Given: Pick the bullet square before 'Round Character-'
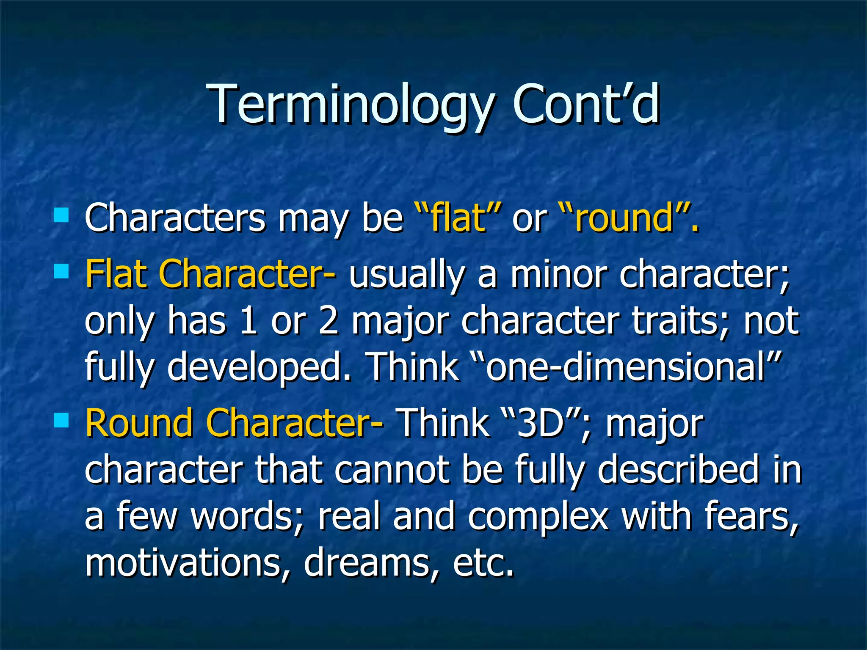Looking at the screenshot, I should tap(61, 420).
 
